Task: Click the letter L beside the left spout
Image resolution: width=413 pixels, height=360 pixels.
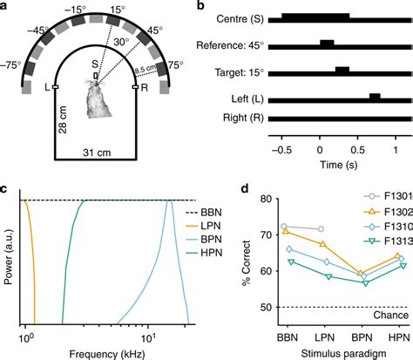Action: pos(44,88)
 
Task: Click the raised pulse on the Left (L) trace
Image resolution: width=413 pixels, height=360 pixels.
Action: pos(375,96)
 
